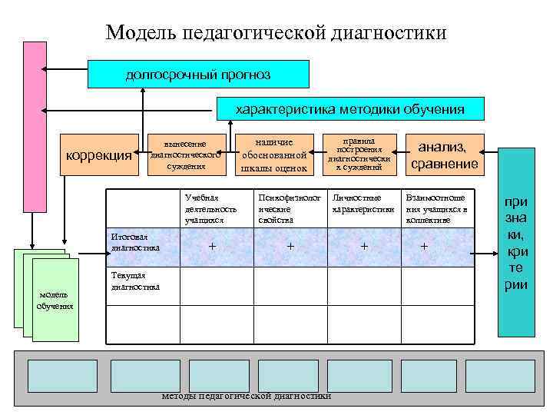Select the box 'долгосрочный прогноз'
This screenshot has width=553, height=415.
[x=198, y=75]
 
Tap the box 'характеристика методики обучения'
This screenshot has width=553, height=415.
[x=349, y=109]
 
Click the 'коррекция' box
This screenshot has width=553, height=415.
[x=99, y=156]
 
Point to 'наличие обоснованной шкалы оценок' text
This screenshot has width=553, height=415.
[x=274, y=155]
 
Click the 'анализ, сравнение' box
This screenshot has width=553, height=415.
[x=444, y=154]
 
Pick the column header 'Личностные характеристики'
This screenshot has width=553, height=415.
[x=363, y=204]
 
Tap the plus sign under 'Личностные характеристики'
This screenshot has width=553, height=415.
[x=364, y=247]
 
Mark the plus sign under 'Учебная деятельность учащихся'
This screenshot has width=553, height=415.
[x=213, y=247]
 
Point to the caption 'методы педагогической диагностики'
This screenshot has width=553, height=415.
[x=247, y=397]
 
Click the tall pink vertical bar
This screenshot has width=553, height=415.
[x=34, y=127]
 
